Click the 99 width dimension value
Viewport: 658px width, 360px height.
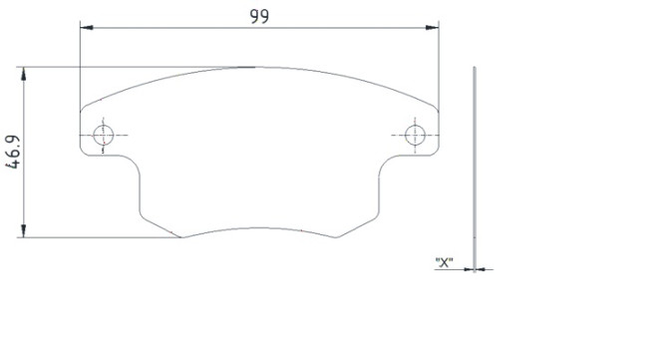(x=259, y=16)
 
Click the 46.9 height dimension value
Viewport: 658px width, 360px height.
(x=13, y=152)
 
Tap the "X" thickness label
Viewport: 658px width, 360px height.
(x=444, y=262)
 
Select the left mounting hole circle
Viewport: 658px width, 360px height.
(x=104, y=135)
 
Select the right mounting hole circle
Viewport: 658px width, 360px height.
(x=415, y=135)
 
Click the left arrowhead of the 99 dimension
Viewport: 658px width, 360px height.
(x=87, y=28)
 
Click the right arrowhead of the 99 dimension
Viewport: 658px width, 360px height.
(x=433, y=28)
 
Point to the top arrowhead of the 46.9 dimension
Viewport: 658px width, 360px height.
(x=24, y=74)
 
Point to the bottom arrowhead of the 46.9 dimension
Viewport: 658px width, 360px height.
(x=24, y=230)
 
